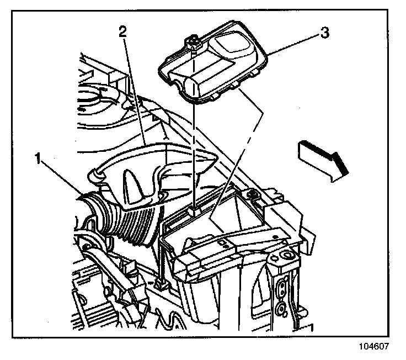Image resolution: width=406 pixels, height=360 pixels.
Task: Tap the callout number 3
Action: point(325,33)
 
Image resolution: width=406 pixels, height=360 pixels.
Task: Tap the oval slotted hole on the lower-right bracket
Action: point(281,287)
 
